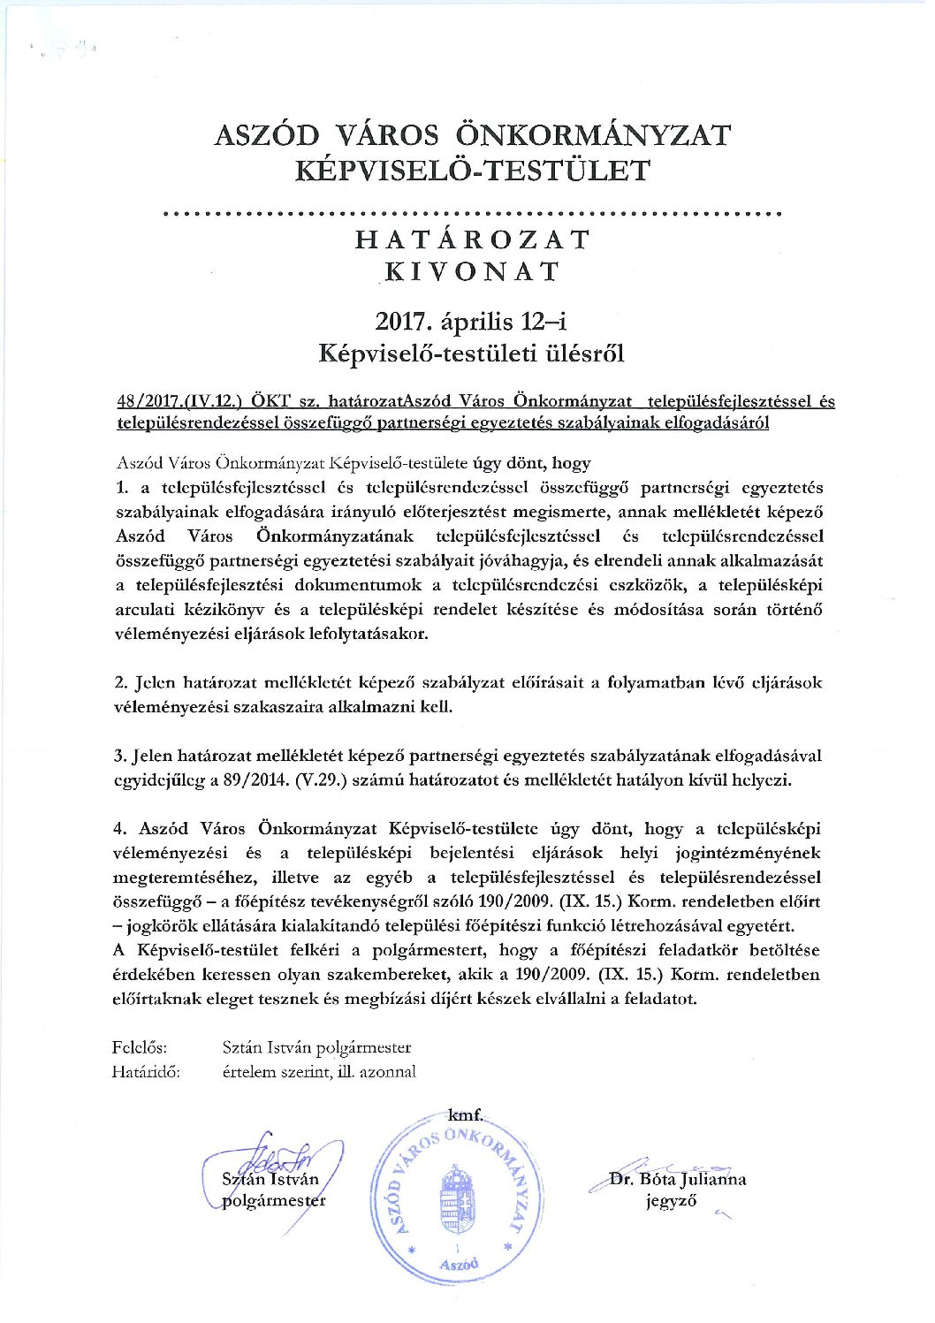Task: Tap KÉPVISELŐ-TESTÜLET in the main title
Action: [x=473, y=171]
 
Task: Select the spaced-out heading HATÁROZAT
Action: [x=473, y=240]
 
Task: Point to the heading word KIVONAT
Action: [x=473, y=271]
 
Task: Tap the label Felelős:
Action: [x=140, y=1047]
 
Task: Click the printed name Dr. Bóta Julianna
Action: [x=678, y=1179]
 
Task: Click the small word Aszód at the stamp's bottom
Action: [x=458, y=1265]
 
